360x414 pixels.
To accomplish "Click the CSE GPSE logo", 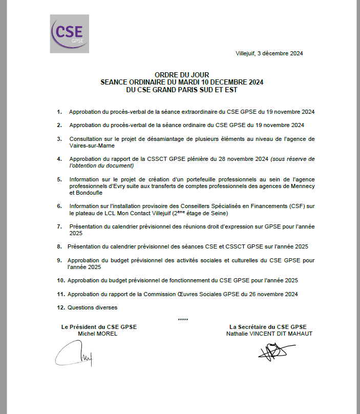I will point(69,33).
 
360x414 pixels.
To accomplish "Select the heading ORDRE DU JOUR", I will point(182,75).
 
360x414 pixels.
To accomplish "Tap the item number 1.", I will point(59,112).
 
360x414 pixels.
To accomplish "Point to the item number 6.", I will point(59,206).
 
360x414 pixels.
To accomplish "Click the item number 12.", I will point(61,307).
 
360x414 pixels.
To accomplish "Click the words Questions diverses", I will point(92,307).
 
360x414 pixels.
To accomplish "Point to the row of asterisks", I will point(183,320).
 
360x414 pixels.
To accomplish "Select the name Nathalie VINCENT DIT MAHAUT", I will point(269,334).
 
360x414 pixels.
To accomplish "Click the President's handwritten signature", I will point(75,354).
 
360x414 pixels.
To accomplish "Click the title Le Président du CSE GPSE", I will point(99,327).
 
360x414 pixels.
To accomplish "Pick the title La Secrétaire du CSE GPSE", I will point(268,327).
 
